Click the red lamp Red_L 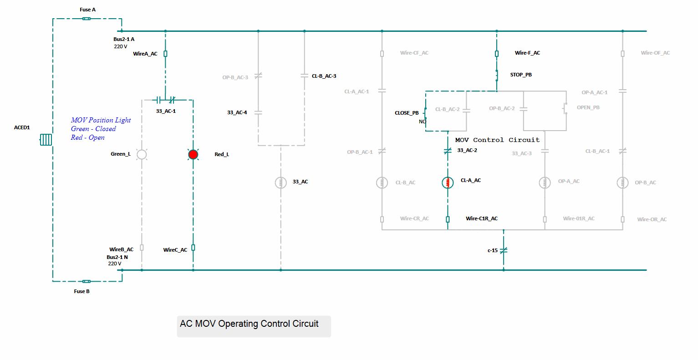coord(193,154)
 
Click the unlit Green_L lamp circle coord(142,154)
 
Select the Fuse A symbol coord(87,19)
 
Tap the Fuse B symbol coord(87,281)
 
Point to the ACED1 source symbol coord(46,139)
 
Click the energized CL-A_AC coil coord(448,183)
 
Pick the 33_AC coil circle coord(280,182)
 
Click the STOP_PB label coord(521,75)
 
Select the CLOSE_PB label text coord(407,113)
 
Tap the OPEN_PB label coord(588,107)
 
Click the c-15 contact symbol coord(504,250)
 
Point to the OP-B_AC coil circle coord(622,183)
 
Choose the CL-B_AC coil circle coord(382,183)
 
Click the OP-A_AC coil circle coord(545,183)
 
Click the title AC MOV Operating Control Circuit coord(249,324)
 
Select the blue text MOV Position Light coord(101,120)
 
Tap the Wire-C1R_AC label coord(481,218)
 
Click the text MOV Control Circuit coord(497,140)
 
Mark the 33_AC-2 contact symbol coord(448,151)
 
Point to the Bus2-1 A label coord(124,39)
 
